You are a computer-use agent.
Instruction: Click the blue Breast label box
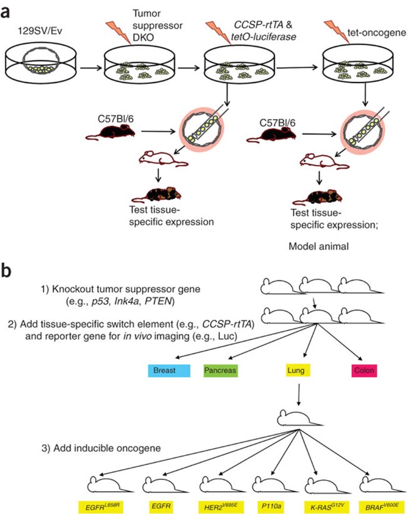(x=169, y=370)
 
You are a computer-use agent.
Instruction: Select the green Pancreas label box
(x=220, y=370)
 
